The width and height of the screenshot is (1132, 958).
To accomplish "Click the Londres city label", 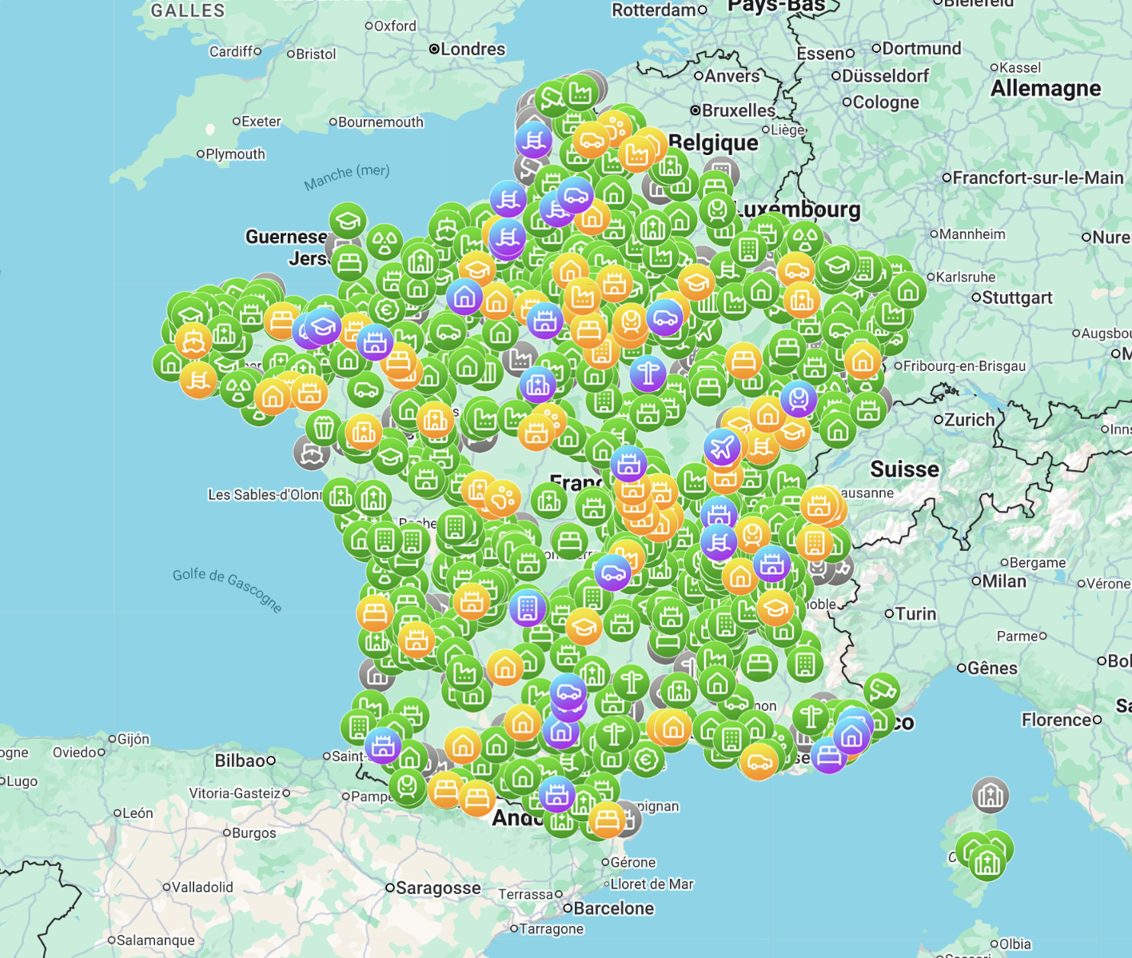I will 472,50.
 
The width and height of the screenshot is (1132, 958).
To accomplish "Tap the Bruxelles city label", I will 738,110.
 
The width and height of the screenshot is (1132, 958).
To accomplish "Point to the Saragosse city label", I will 438,888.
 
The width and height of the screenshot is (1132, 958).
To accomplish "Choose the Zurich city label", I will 969,420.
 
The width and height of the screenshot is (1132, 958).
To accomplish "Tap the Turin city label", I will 915,613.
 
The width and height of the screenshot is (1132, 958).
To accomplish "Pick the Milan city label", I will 1003,581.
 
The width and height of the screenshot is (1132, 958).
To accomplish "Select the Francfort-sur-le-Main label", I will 1038,178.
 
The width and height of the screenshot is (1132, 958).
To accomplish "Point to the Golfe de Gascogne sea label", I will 228,589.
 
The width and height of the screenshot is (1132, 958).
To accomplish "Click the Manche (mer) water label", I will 347,178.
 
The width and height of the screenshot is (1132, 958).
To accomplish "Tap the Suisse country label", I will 904,469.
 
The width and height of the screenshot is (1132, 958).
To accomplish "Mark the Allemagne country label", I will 1046,88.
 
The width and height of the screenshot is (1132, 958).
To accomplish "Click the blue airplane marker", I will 723,446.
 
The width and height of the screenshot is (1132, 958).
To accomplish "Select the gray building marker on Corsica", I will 990,795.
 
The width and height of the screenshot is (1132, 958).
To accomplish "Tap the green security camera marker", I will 881,689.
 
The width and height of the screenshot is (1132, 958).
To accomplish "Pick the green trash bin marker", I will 323,428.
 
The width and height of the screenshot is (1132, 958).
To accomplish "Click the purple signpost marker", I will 648,373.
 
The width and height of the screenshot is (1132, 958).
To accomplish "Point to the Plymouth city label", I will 235,154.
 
